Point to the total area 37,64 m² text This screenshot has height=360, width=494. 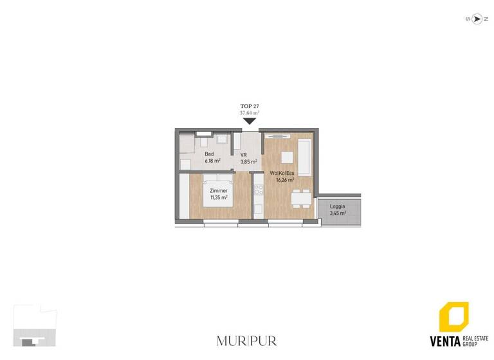tap(250, 113)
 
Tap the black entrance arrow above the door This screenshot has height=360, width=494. tap(250, 120)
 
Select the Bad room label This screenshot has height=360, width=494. tap(209, 154)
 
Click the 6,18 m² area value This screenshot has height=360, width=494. tap(212, 161)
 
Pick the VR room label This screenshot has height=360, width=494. tap(244, 155)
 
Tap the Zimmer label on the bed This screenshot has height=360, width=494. tap(219, 191)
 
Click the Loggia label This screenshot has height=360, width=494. tap(337, 206)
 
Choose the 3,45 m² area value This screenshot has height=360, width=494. tap(338, 213)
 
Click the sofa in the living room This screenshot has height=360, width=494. tap(304, 157)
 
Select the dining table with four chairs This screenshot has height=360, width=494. tap(298, 199)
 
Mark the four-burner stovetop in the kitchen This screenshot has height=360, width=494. tap(259, 190)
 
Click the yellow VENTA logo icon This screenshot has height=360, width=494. tap(453, 318)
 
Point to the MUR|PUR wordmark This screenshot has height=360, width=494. tap(247, 340)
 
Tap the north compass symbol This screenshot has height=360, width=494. tap(477, 19)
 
